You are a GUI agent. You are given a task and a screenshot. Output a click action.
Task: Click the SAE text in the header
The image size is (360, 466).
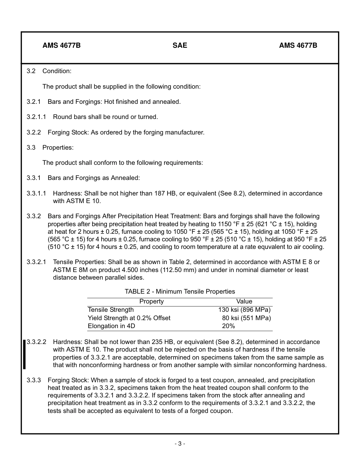point(180,45)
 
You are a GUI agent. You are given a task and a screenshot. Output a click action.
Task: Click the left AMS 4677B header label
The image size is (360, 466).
point(61,45)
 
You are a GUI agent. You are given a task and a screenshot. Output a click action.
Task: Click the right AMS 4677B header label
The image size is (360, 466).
point(298,45)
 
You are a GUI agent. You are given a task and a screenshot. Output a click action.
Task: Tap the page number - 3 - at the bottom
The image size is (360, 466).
point(180,444)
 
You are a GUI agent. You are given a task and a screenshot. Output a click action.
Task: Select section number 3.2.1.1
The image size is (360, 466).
point(36,117)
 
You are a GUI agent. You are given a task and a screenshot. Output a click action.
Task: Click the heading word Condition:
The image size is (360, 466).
point(57,71)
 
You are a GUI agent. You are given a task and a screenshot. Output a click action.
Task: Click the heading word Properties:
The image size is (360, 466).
point(58,147)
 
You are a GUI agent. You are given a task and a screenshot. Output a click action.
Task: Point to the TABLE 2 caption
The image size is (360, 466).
point(180,291)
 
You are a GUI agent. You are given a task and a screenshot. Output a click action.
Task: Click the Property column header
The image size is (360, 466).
point(152,302)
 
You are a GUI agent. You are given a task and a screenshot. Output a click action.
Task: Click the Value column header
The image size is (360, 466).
point(244,302)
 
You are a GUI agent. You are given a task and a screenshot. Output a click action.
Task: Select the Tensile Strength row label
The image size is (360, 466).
point(111,310)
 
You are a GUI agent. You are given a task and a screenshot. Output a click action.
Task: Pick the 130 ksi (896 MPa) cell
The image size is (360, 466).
point(244,310)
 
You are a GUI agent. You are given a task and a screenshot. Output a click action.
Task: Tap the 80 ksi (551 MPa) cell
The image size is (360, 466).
point(246,318)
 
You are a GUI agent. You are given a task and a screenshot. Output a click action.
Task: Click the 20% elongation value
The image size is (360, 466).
point(229,326)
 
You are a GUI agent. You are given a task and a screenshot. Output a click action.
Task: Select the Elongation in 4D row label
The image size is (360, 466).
point(111,326)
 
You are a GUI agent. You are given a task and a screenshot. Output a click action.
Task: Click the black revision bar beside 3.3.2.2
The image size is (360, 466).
point(24,354)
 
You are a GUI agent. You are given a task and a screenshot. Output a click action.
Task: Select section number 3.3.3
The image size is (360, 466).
point(34,380)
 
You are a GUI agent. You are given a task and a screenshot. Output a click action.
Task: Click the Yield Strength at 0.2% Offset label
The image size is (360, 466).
point(129,318)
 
